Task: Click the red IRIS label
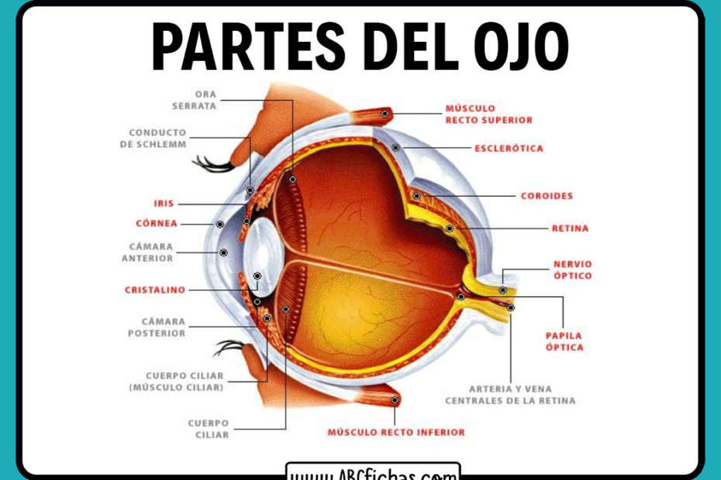pyautogui.click(x=164, y=204)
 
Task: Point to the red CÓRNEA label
pyautogui.click(x=157, y=223)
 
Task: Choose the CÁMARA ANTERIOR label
pyautogui.click(x=147, y=252)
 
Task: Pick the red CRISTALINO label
pyautogui.click(x=155, y=290)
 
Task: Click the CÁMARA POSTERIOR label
pyautogui.click(x=157, y=327)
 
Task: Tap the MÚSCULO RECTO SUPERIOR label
pyautogui.click(x=488, y=115)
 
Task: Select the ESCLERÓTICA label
pyautogui.click(x=509, y=148)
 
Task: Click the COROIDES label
pyautogui.click(x=547, y=196)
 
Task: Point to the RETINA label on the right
pyautogui.click(x=570, y=228)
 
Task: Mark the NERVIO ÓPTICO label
pyautogui.click(x=572, y=269)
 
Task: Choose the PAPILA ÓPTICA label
pyautogui.click(x=563, y=341)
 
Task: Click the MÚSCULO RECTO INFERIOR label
pyautogui.click(x=395, y=432)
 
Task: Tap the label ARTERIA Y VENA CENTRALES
pyautogui.click(x=510, y=395)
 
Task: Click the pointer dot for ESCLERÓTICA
pyautogui.click(x=395, y=147)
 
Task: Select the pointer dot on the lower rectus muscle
pyautogui.click(x=395, y=400)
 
